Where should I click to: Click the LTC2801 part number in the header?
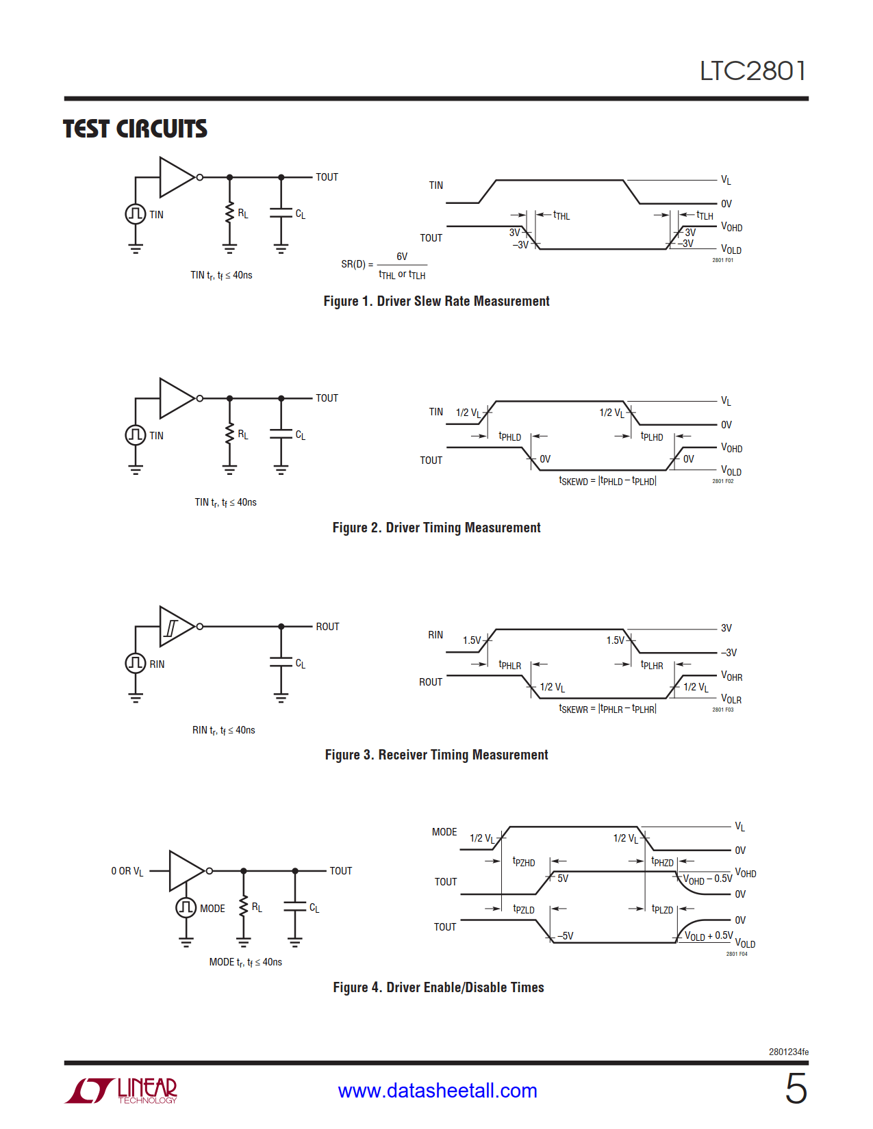(x=752, y=71)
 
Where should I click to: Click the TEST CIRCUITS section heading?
(x=135, y=129)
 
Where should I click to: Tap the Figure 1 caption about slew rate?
(x=436, y=301)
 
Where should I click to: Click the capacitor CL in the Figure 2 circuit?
(x=281, y=434)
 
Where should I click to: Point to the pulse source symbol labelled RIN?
(x=136, y=662)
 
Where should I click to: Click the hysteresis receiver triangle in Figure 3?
(x=176, y=626)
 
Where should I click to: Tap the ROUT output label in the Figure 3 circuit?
(x=327, y=627)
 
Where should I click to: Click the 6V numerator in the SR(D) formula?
(x=402, y=257)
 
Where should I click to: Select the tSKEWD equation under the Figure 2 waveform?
(x=607, y=481)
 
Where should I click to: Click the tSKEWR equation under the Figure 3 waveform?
(x=607, y=709)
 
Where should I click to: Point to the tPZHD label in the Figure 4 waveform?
(x=524, y=862)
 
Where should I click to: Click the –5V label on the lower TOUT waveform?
(x=565, y=935)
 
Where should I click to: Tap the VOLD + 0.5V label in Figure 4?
(x=709, y=935)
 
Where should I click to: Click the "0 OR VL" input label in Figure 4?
(x=127, y=871)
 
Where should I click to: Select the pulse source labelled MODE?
(x=186, y=907)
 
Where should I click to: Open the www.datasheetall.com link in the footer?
(x=438, y=1091)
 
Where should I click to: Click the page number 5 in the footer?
(x=796, y=1089)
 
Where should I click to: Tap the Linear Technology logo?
(x=122, y=1090)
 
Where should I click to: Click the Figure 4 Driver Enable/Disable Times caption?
(x=438, y=987)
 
